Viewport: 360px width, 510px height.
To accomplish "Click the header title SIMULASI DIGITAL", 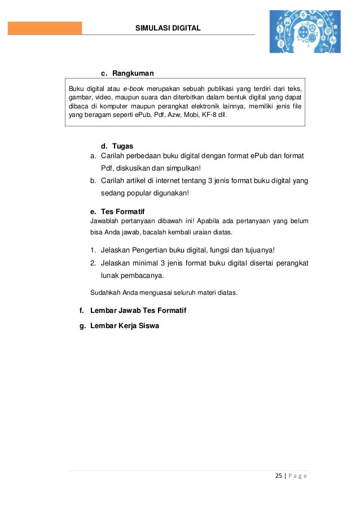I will click(x=168, y=28).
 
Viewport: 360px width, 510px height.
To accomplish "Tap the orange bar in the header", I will click(x=45, y=28).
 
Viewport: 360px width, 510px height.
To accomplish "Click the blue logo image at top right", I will click(x=304, y=32).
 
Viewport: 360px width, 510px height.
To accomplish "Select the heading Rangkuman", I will click(x=133, y=73).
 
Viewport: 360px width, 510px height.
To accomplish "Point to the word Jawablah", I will click(x=106, y=220).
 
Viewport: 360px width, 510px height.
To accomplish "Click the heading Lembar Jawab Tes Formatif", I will click(x=138, y=311).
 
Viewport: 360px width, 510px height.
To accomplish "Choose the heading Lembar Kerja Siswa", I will click(x=125, y=325).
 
